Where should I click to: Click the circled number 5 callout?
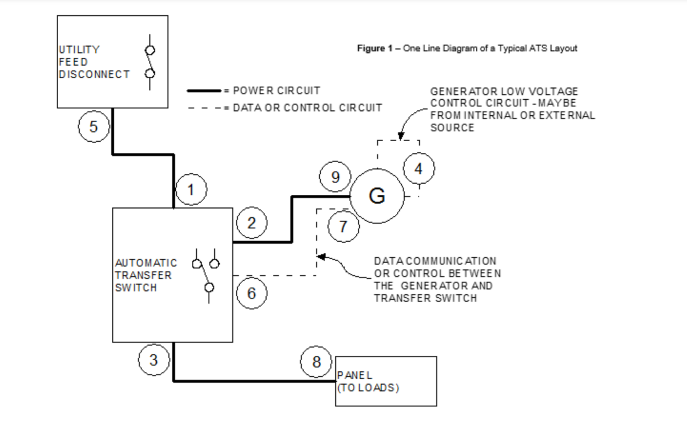[93, 126]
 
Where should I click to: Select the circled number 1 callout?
[191, 189]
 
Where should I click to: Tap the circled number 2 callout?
[251, 223]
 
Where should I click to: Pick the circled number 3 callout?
[153, 360]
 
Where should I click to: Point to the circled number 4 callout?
[418, 168]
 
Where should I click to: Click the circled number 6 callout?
[251, 293]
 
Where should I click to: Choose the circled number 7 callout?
[343, 226]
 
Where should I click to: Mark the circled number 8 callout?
[316, 362]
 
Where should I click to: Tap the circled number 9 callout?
[335, 177]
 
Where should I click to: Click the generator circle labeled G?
[377, 196]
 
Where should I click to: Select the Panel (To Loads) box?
[386, 381]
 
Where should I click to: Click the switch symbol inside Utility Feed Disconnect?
[150, 62]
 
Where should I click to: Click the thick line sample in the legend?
[204, 91]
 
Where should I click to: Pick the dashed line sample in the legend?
[204, 108]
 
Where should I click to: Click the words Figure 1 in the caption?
[371, 48]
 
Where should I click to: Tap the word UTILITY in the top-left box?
[79, 50]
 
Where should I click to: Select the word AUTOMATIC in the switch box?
[146, 263]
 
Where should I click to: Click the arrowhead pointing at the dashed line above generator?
[401, 136]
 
